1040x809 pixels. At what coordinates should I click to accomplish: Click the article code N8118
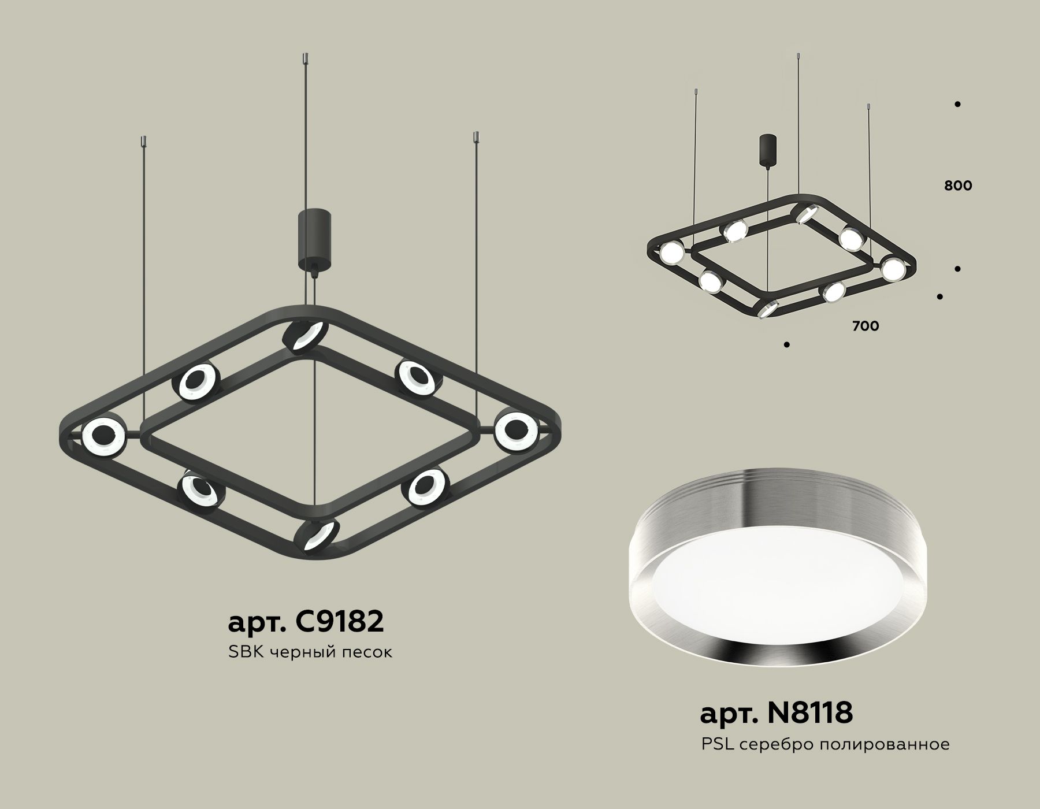pos(776,713)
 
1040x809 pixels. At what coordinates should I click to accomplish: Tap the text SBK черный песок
pos(310,653)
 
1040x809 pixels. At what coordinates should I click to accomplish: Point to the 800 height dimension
pos(958,185)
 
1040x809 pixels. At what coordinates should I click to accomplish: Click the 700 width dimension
pos(866,326)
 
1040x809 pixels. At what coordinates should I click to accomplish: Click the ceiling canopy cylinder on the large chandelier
pos(313,240)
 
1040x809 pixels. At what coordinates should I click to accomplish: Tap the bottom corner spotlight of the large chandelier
pos(317,535)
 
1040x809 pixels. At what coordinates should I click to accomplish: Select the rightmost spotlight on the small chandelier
pos(892,268)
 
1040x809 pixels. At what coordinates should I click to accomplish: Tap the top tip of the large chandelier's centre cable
pos(306,57)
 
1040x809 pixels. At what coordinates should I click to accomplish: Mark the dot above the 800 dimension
pos(957,105)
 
